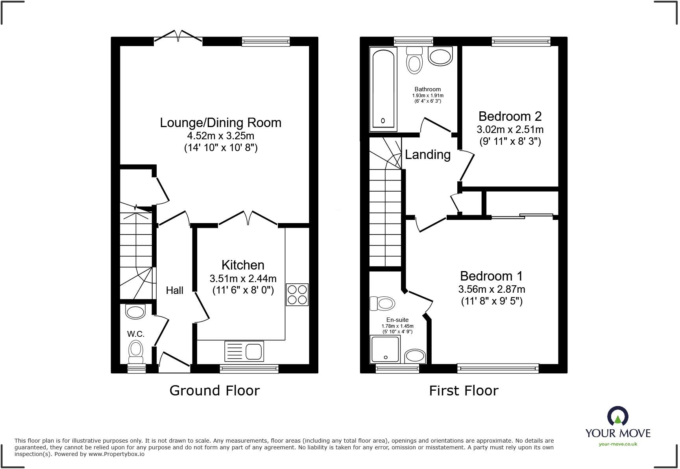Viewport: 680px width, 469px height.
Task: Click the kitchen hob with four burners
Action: click(x=297, y=295)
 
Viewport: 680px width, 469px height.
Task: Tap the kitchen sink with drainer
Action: click(x=244, y=351)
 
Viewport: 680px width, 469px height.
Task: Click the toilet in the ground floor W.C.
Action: click(x=136, y=351)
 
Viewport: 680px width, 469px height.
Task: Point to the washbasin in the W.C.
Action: click(x=135, y=312)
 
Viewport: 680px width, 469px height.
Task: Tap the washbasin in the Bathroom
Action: click(x=440, y=57)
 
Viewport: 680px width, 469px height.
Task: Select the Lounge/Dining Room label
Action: click(x=220, y=123)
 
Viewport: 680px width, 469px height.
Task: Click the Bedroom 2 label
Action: click(x=510, y=116)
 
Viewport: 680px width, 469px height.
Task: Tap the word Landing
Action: click(x=428, y=155)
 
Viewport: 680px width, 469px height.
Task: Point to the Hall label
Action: click(x=174, y=290)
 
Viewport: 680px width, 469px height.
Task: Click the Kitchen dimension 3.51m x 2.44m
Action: click(x=243, y=279)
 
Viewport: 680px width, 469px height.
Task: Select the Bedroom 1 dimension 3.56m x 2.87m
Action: click(x=492, y=289)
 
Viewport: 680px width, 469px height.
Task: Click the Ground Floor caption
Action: click(x=214, y=390)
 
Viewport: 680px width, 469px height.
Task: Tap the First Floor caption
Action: click(x=464, y=390)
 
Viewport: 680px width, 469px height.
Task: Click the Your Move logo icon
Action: click(x=618, y=416)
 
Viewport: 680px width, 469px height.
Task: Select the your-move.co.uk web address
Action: click(x=618, y=444)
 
